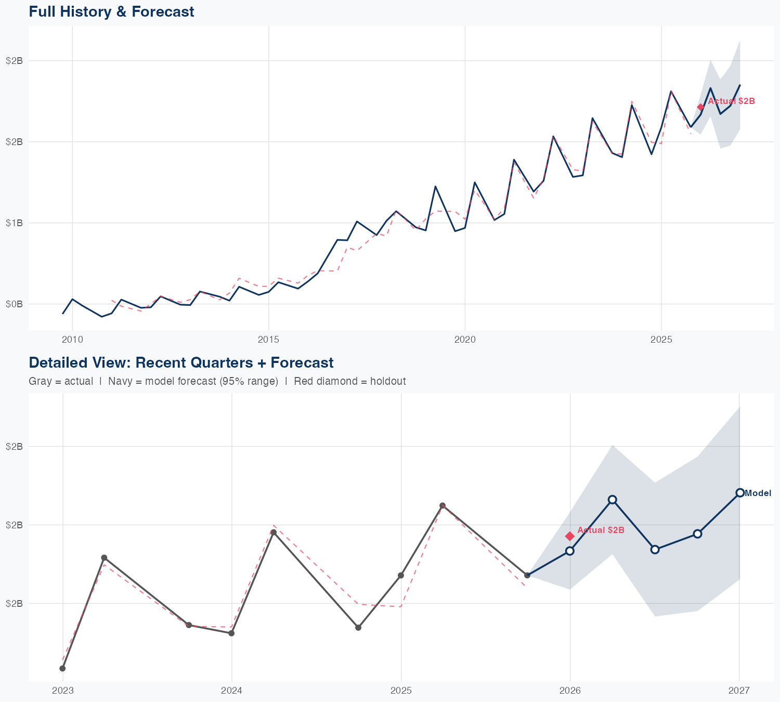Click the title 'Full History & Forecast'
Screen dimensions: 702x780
pyautogui.click(x=111, y=11)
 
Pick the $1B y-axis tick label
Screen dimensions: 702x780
pyautogui.click(x=14, y=223)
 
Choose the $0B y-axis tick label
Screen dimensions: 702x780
pyautogui.click(x=14, y=304)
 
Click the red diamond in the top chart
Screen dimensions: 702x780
pyautogui.click(x=700, y=107)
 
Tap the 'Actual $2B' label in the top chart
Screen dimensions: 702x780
pyautogui.click(x=731, y=101)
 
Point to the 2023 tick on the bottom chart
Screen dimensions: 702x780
pyautogui.click(x=63, y=691)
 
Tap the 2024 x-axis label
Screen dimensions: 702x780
pyautogui.click(x=232, y=691)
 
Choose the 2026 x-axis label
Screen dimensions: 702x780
pyautogui.click(x=570, y=691)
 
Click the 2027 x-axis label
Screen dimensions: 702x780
pyautogui.click(x=739, y=691)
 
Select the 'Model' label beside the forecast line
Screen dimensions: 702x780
pyautogui.click(x=758, y=493)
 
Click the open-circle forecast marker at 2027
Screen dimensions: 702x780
pyautogui.click(x=739, y=492)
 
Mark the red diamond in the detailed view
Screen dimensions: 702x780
pyautogui.click(x=570, y=536)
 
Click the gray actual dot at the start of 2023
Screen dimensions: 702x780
pyautogui.click(x=62, y=668)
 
